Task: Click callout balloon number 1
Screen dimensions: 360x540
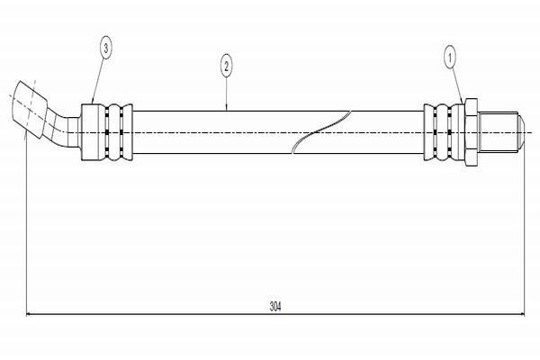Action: (x=449, y=59)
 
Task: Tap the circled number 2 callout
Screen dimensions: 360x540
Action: (x=226, y=65)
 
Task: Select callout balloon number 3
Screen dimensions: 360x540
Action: (x=106, y=49)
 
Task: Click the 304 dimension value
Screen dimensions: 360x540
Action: (x=275, y=306)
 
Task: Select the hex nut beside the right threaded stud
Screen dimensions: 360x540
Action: (x=470, y=132)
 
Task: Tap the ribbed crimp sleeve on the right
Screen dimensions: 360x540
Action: (x=443, y=132)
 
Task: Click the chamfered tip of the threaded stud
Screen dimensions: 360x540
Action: (x=521, y=132)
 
